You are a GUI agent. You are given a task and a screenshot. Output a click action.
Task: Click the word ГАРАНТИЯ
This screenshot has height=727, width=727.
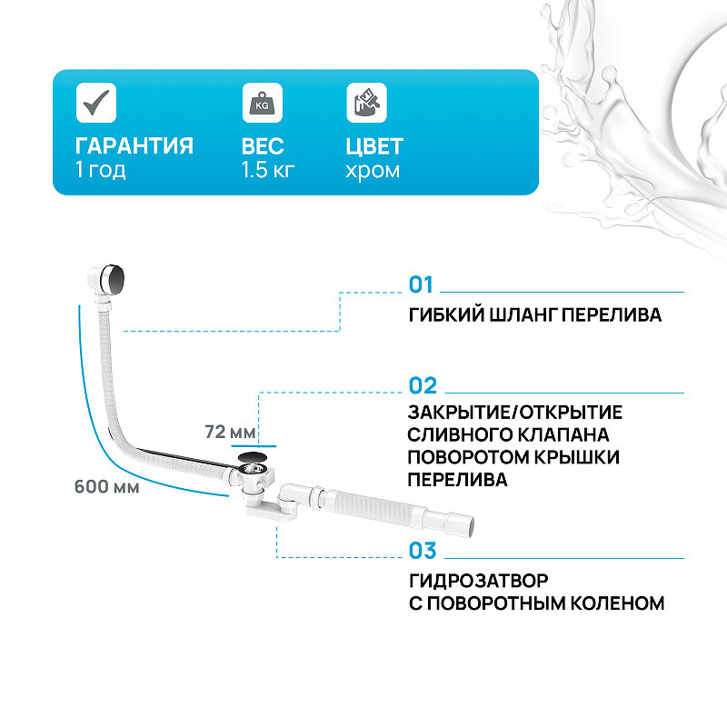134,146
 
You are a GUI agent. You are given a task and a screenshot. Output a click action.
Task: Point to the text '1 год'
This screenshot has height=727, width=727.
100,170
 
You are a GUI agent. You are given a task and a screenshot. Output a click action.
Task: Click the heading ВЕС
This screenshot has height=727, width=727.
263,146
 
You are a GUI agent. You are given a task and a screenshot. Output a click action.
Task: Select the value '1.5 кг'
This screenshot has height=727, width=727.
268,170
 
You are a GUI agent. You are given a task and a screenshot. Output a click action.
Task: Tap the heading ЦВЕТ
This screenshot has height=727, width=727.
374,146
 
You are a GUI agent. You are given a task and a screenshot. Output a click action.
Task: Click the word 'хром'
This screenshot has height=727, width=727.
373,170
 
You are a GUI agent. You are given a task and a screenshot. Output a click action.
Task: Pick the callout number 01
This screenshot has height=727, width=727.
422,285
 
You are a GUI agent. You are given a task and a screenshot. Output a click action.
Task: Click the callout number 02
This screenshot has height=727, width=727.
423,385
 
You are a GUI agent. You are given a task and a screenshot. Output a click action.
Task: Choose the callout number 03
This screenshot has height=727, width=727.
423,551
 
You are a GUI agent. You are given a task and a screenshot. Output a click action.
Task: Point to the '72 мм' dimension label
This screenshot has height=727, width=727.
230,433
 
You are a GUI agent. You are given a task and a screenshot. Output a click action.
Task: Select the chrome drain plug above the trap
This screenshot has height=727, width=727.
253,458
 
